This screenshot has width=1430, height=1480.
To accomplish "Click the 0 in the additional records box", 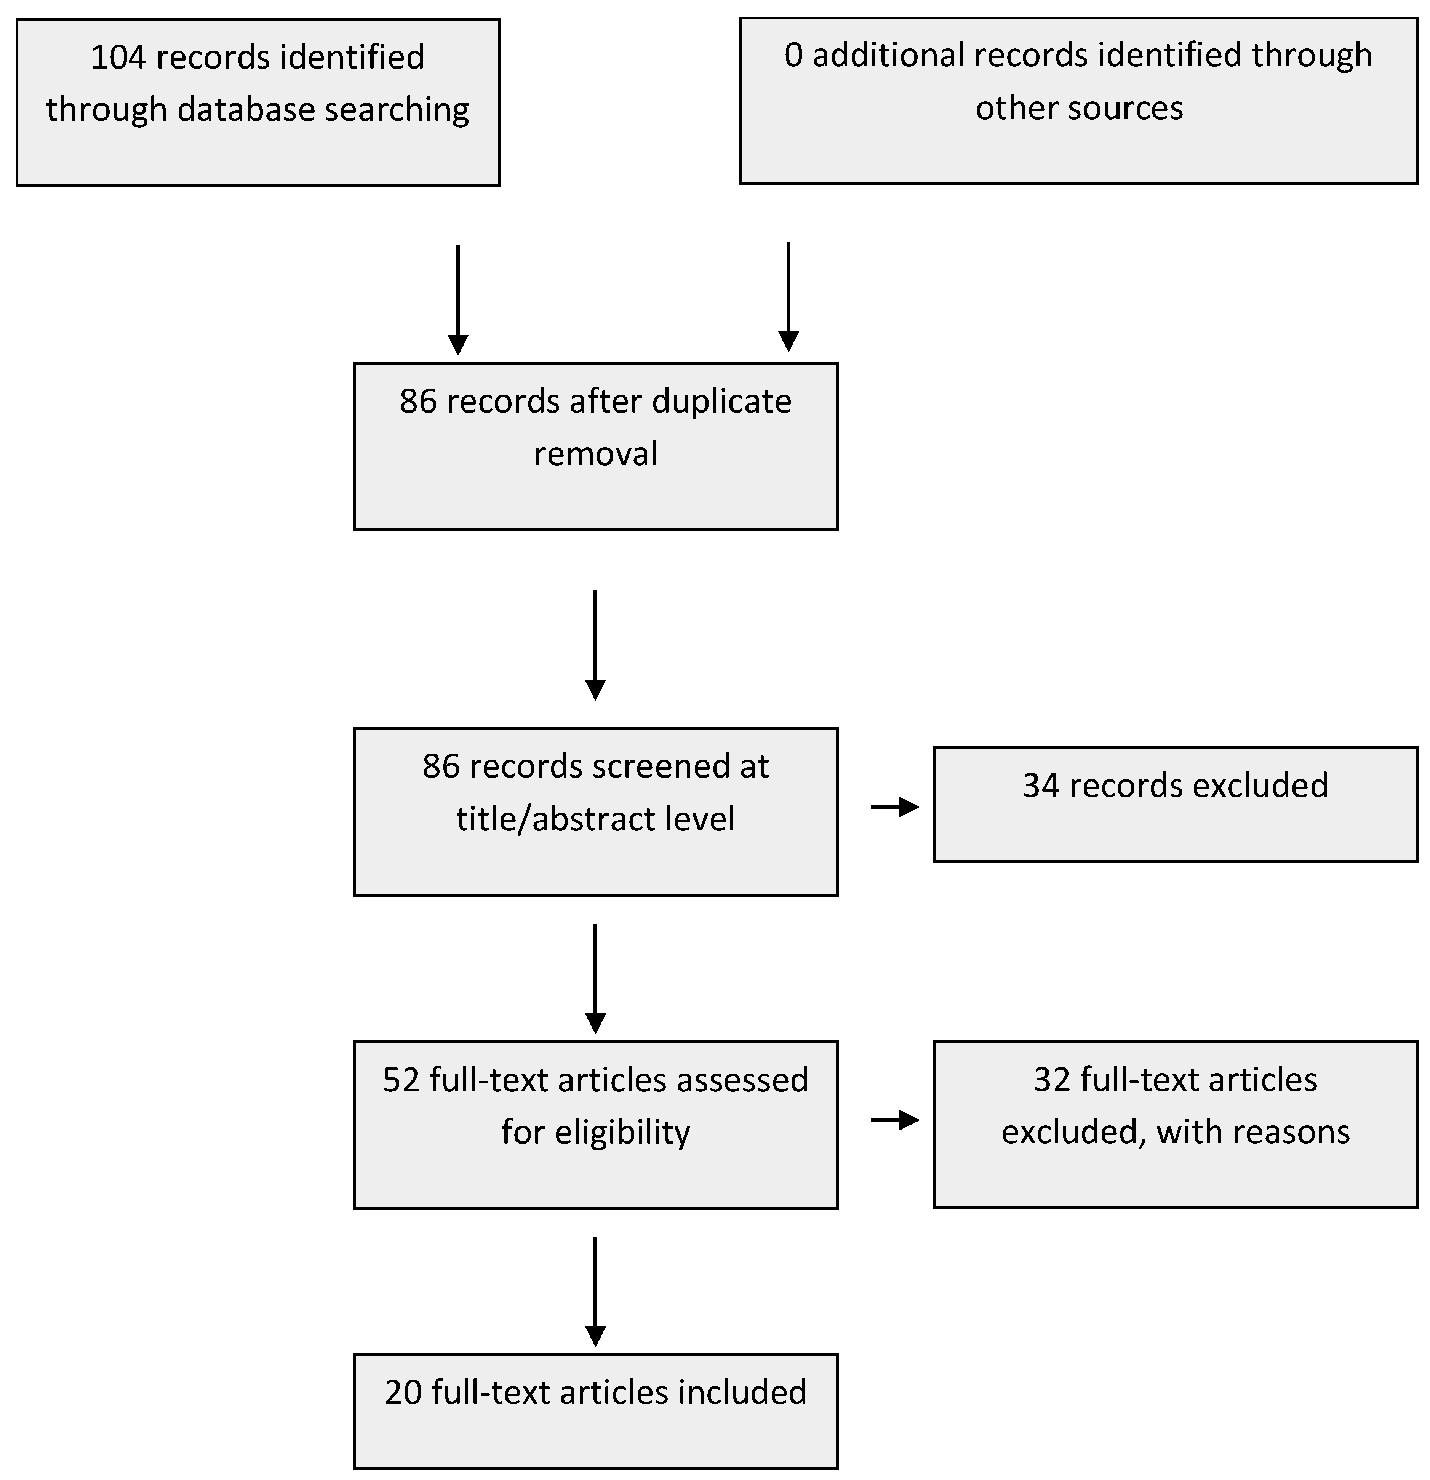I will [x=793, y=56].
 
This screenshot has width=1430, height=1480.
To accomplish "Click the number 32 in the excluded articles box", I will [x=1052, y=1080].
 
